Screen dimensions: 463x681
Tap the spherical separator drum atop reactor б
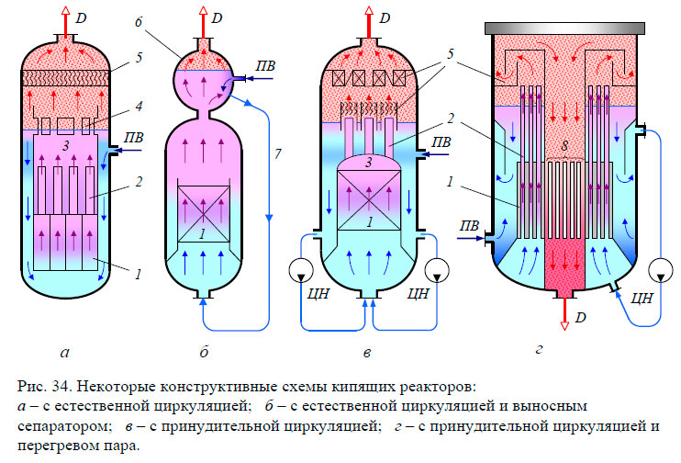tap(207, 78)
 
